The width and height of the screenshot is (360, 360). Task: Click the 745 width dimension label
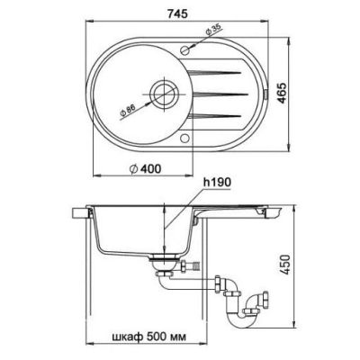coord(177,13)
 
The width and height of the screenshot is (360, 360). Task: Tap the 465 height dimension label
coord(282,93)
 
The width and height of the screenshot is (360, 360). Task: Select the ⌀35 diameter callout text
coord(213,30)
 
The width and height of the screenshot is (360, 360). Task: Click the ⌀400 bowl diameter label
coord(145,169)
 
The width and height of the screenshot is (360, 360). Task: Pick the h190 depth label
coord(217,182)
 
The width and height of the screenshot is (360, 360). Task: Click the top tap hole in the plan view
coord(185,49)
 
